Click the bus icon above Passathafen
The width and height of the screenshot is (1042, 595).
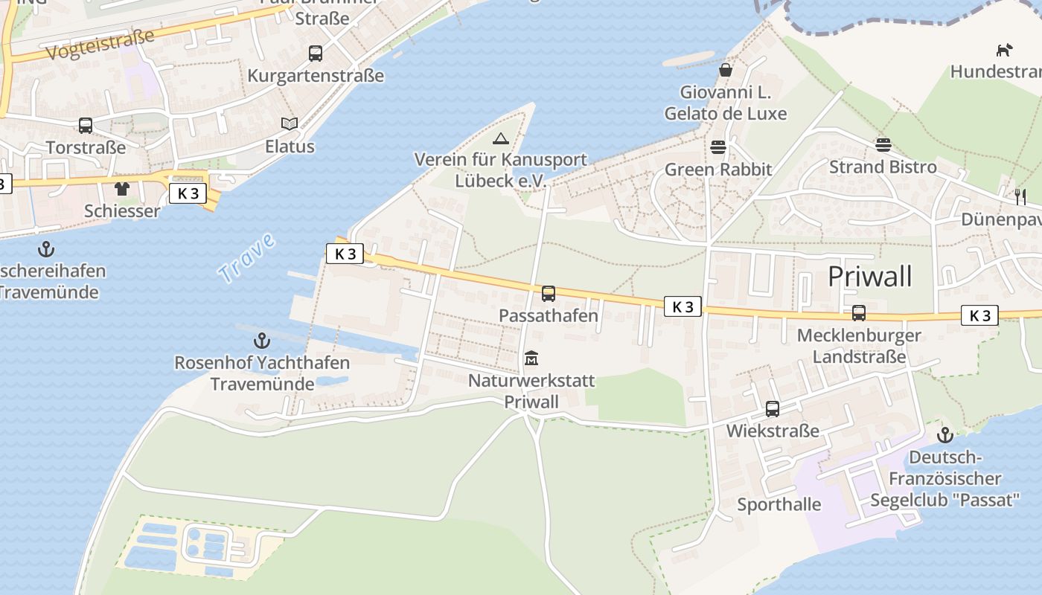coord(549,294)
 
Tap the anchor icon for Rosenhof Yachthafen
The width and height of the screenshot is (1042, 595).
coord(261,341)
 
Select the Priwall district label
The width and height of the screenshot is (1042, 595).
coord(869,277)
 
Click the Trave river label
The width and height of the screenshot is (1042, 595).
coord(247,258)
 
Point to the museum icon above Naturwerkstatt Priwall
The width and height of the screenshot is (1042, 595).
coord(531,359)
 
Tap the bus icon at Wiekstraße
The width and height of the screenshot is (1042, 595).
coord(773,409)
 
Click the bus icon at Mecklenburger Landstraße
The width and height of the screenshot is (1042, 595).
coord(859,313)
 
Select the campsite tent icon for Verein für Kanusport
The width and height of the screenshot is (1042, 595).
coord(500,138)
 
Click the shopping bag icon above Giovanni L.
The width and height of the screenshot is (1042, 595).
coord(725,71)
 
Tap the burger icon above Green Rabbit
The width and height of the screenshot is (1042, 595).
coord(718,147)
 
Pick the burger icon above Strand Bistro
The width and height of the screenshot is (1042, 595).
coord(883,145)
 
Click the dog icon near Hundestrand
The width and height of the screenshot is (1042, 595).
coord(1004,50)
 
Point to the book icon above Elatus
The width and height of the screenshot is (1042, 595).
coord(290,124)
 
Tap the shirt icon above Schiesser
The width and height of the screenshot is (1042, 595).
coord(122,189)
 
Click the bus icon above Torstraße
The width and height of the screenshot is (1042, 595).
coord(86,126)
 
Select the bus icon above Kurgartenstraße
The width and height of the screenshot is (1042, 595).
coord(316,54)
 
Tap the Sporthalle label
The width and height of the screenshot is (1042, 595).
coord(779,505)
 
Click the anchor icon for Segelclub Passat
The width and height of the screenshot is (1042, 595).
coord(945,435)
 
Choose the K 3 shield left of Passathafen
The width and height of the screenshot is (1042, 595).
coord(345,254)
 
